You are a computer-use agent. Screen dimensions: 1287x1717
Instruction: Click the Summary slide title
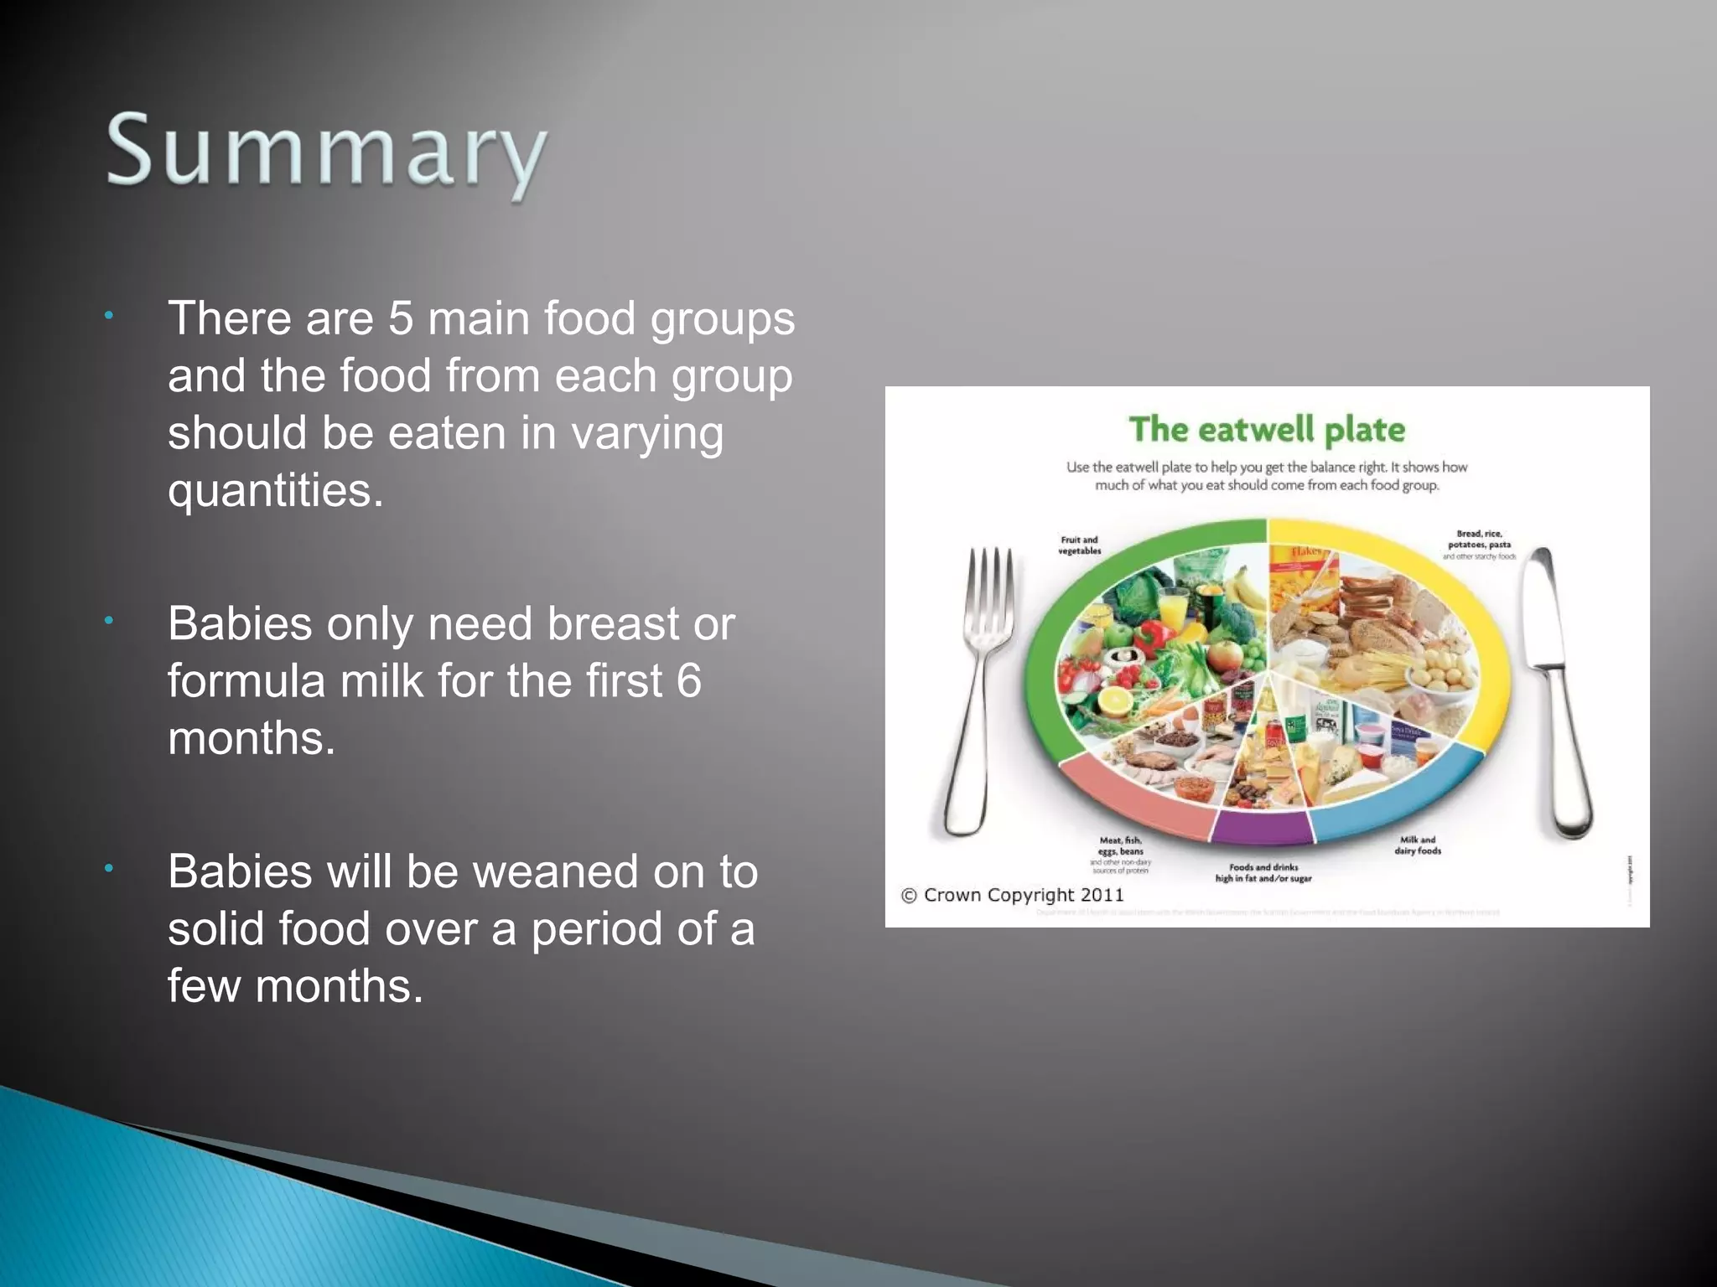(327, 152)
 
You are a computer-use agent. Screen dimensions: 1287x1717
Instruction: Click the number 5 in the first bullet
(401, 319)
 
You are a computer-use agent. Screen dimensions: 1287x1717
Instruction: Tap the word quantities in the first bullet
(275, 490)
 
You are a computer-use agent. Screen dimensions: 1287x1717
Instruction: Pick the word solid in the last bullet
(215, 928)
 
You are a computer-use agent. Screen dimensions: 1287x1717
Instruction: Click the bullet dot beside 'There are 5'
(109, 317)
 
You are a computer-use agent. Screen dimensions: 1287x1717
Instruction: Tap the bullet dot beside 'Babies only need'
(109, 622)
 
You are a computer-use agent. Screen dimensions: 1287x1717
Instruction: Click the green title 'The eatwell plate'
(1267, 430)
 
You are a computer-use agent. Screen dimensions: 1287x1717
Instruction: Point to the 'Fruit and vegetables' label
(1079, 545)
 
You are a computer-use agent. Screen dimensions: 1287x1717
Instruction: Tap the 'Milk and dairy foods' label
(1417, 845)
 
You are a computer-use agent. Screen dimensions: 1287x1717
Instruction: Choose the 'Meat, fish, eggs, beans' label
(1121, 850)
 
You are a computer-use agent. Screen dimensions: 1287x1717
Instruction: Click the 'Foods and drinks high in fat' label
(1263, 873)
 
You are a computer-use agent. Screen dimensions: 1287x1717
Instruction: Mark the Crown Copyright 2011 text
(1013, 895)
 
